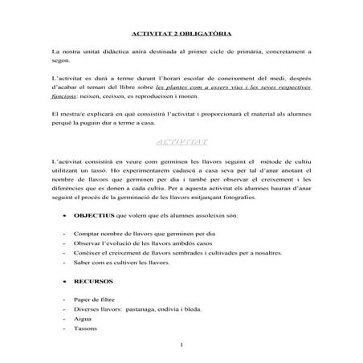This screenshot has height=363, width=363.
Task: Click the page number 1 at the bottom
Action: click(x=184, y=345)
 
